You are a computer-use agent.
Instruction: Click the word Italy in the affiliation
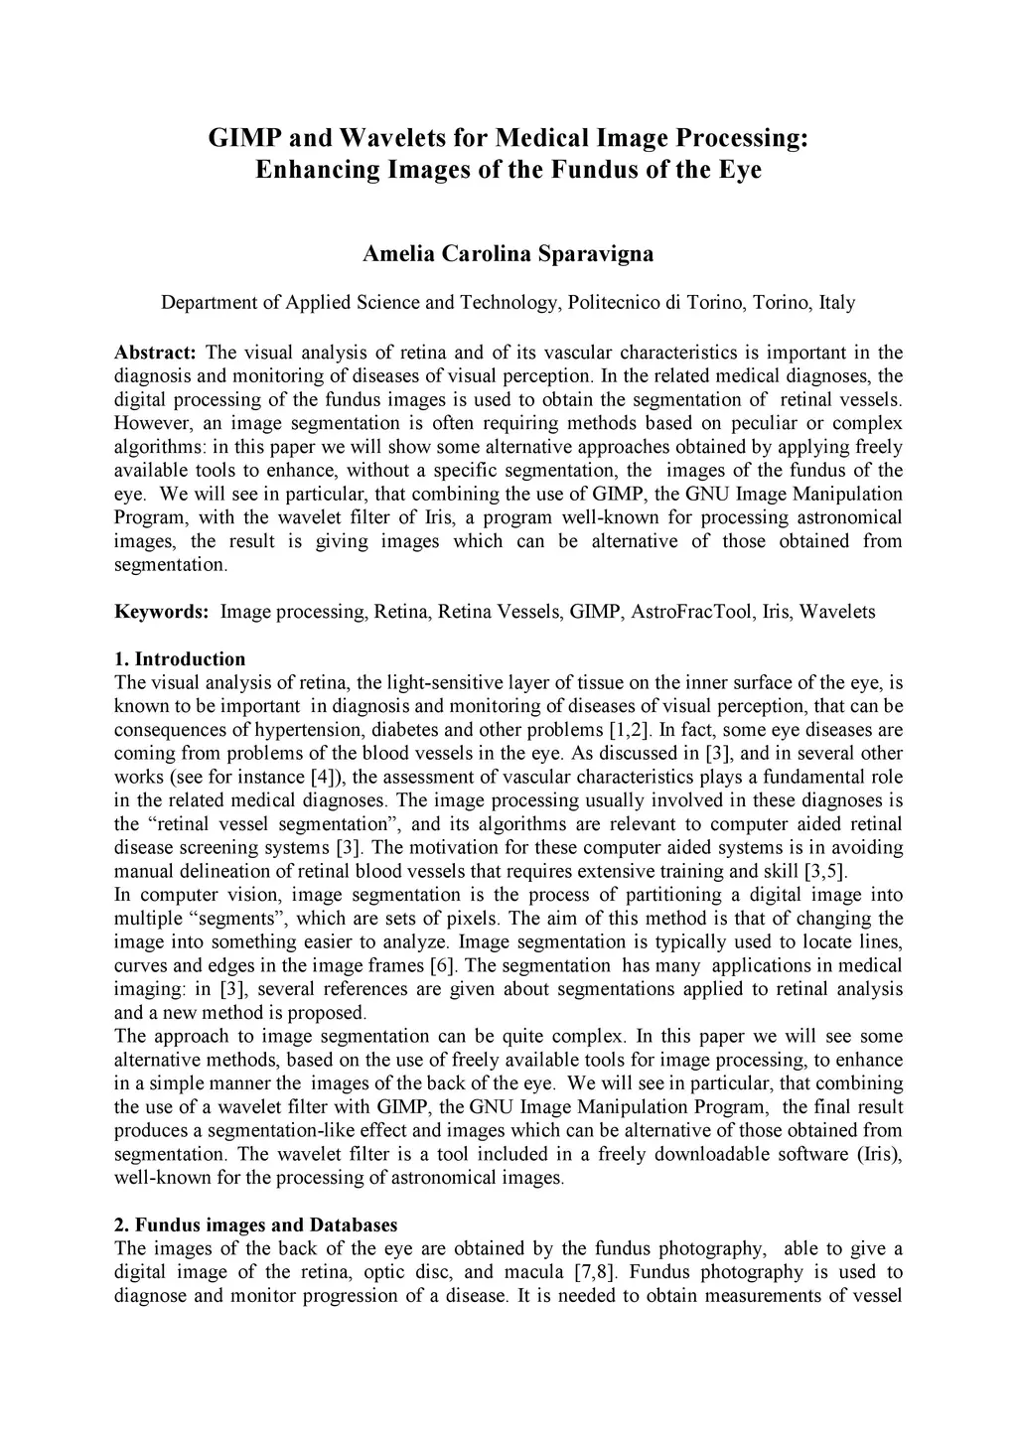tap(836, 303)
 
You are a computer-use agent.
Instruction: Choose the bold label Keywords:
tap(162, 612)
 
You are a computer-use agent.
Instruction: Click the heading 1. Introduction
tap(180, 659)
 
